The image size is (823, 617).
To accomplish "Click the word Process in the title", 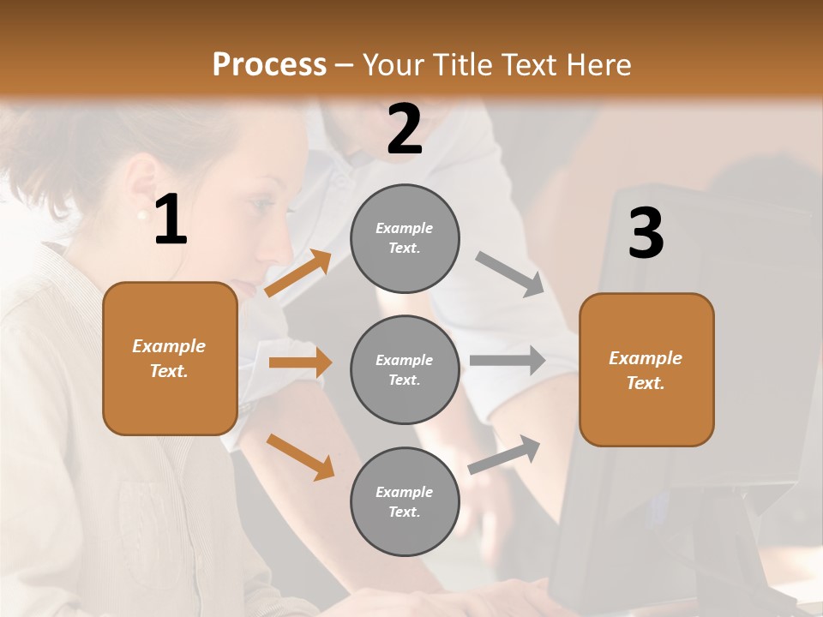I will pyautogui.click(x=269, y=65).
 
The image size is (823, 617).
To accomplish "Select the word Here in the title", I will pyautogui.click(x=598, y=65).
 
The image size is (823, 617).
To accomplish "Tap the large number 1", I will pyautogui.click(x=171, y=220).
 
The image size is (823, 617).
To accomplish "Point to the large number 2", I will pyautogui.click(x=405, y=129).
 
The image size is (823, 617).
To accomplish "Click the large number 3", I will pyautogui.click(x=646, y=233).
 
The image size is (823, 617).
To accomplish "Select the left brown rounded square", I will pyautogui.click(x=170, y=358).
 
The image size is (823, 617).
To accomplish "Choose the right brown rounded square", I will pyautogui.click(x=646, y=370).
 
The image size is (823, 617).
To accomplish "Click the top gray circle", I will pyautogui.click(x=405, y=238).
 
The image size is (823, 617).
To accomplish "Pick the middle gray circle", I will pyautogui.click(x=405, y=370).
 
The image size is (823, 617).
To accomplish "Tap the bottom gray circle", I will pyautogui.click(x=405, y=502).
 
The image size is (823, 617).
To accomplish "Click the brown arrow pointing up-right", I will pyautogui.click(x=298, y=273).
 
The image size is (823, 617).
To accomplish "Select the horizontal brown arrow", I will pyautogui.click(x=300, y=362).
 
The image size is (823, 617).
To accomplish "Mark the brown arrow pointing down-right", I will pyautogui.click(x=300, y=457).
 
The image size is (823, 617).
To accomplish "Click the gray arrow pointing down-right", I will pyautogui.click(x=510, y=273).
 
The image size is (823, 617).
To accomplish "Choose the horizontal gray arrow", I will pyautogui.click(x=508, y=361).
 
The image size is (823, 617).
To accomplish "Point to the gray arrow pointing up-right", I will pyautogui.click(x=505, y=454).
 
